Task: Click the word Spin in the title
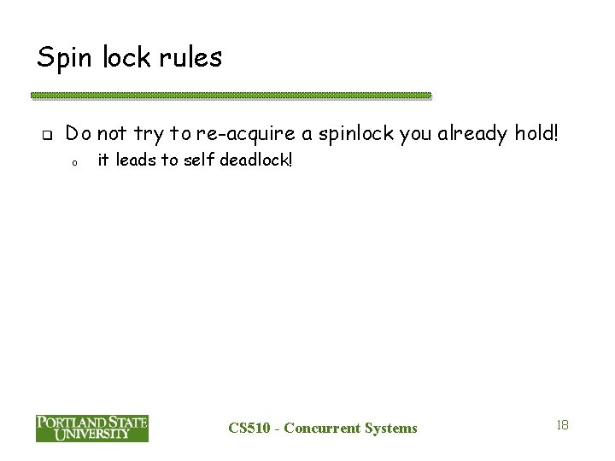coord(63,59)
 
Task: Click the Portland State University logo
coord(91,428)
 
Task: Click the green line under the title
coord(231,96)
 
